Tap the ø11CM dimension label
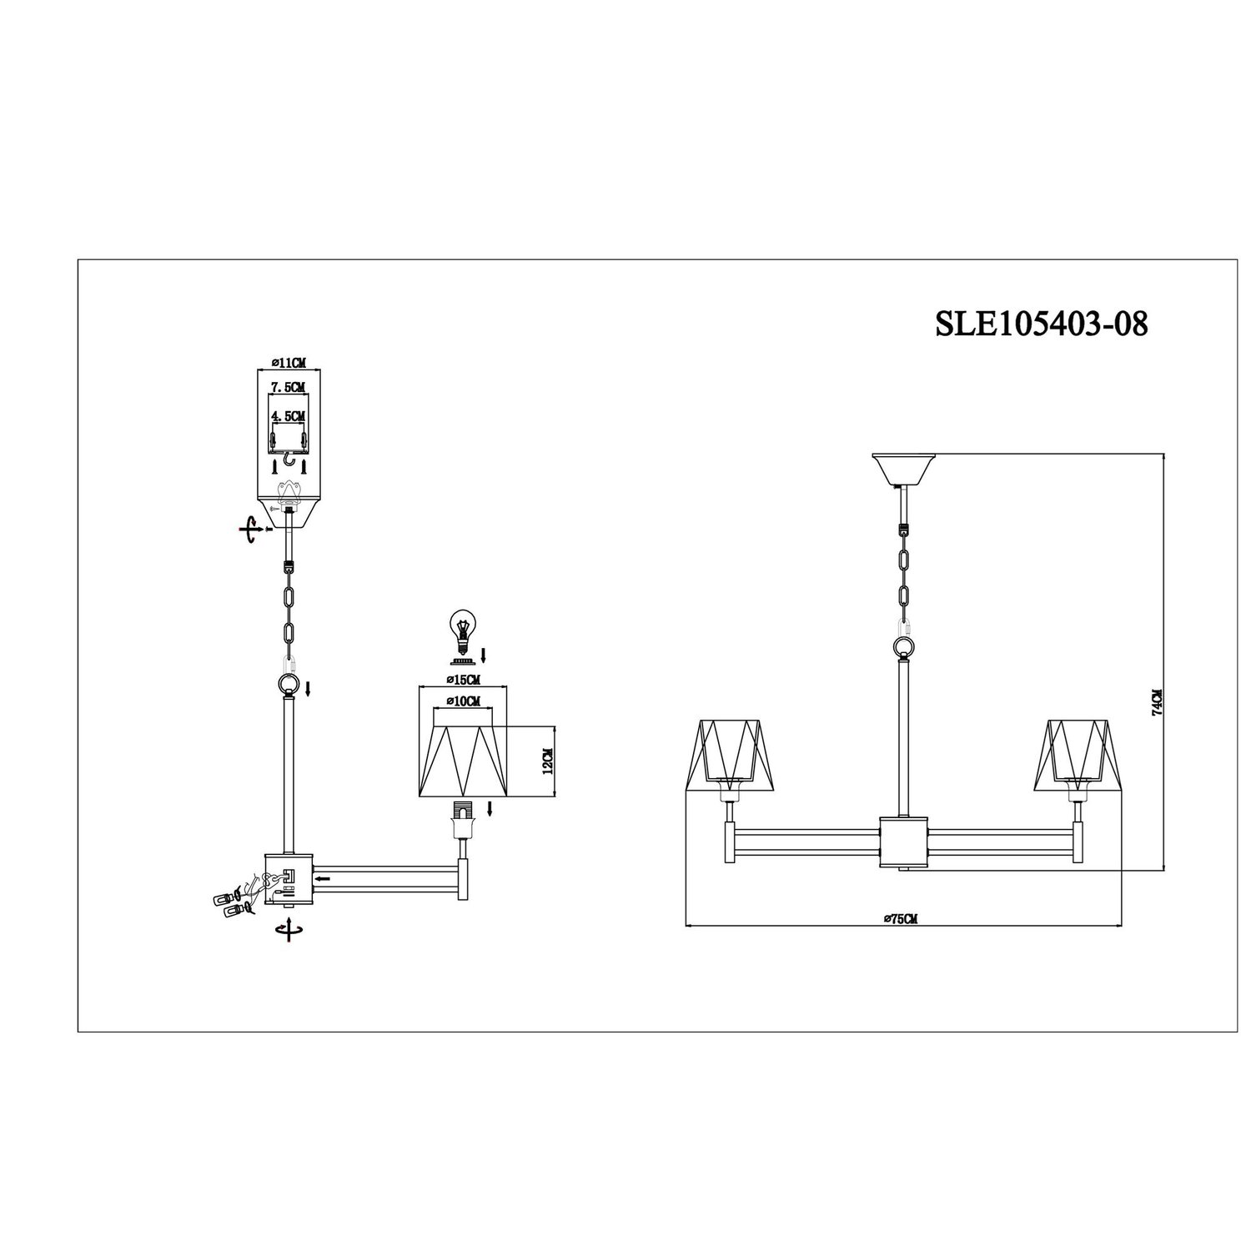pos(289,363)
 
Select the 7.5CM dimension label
pos(289,387)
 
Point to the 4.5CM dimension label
pos(289,414)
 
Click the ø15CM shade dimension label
pos(463,680)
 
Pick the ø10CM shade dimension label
pos(463,701)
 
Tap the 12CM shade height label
pos(548,761)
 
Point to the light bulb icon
pos(461,629)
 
